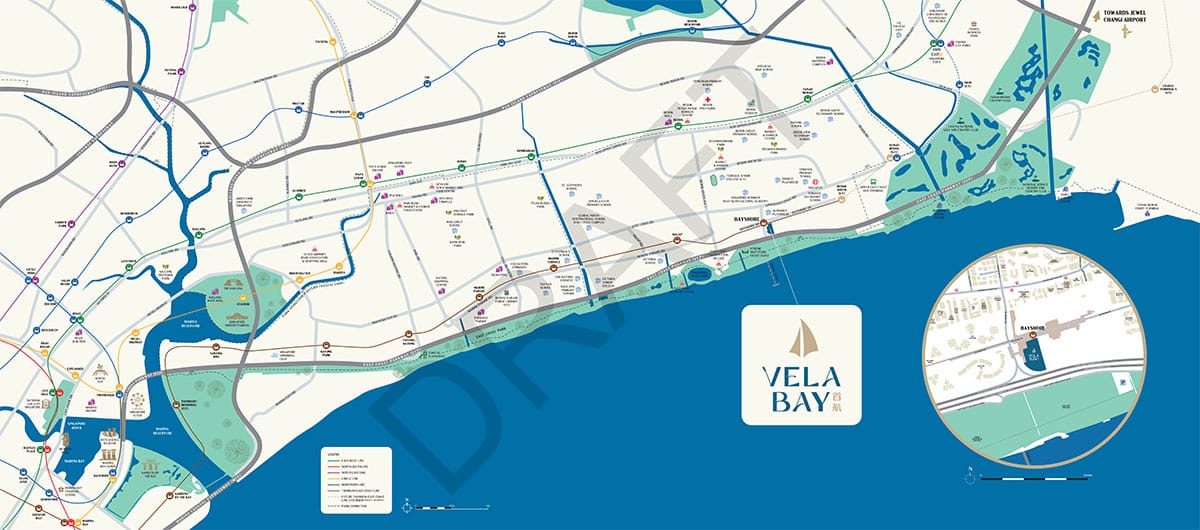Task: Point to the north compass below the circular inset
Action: [x=969, y=472]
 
